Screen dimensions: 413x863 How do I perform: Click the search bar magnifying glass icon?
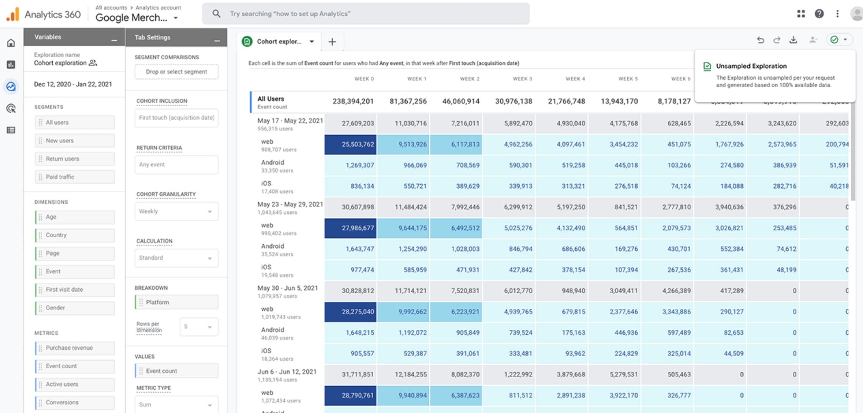click(x=217, y=14)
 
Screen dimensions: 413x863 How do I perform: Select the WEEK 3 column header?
click(x=522, y=79)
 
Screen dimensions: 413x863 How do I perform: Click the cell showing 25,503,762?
click(x=350, y=144)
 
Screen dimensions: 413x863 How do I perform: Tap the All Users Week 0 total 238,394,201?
click(x=353, y=101)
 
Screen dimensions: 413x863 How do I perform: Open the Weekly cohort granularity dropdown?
click(x=176, y=212)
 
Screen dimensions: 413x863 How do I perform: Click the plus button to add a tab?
click(x=332, y=42)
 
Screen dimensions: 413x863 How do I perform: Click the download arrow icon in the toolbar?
click(x=793, y=40)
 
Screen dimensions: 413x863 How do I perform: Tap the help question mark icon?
click(x=819, y=14)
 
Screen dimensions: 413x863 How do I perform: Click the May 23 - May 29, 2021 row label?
click(x=290, y=204)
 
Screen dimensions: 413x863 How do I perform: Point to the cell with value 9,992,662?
click(x=403, y=312)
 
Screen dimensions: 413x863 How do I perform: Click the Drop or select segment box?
click(x=176, y=72)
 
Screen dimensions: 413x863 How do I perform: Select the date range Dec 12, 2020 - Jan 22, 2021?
click(x=73, y=84)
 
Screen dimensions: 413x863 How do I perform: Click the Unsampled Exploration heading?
click(x=751, y=66)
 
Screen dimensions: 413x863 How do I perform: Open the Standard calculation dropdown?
click(x=176, y=258)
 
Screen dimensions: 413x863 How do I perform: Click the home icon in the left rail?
click(x=11, y=43)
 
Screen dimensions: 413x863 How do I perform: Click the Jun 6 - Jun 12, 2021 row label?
click(x=287, y=372)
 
